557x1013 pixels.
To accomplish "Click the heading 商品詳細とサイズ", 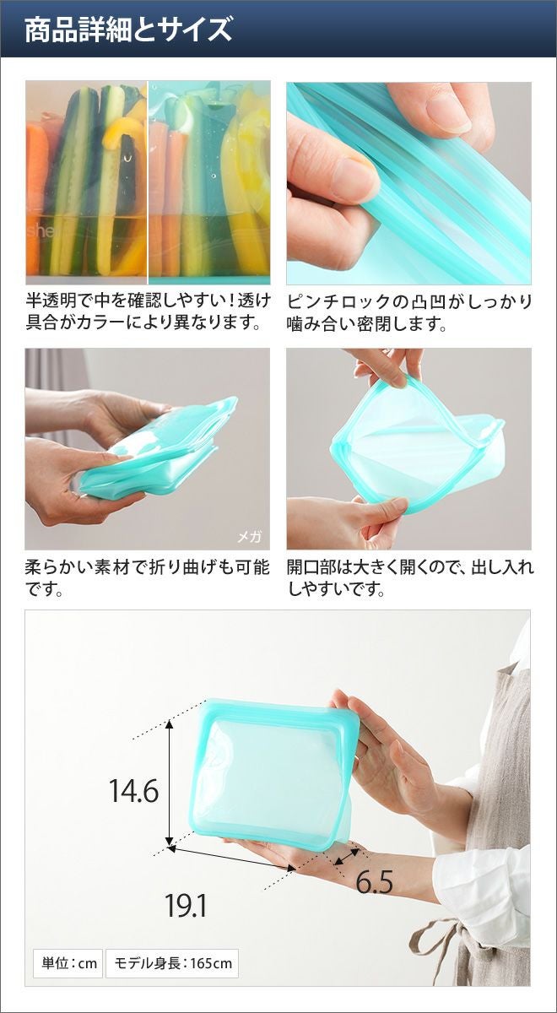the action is tap(128, 30).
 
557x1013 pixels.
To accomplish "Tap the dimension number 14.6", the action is tap(134, 790).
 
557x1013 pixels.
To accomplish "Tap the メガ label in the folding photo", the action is tap(250, 537).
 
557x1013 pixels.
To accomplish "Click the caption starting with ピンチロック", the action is tap(409, 313).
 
